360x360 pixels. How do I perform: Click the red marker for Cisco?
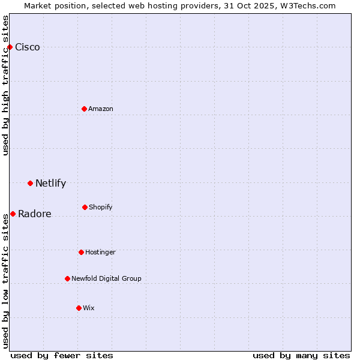(10, 47)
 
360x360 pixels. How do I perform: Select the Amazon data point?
(85, 109)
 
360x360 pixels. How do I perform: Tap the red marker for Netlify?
(30, 183)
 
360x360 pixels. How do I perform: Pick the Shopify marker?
(85, 207)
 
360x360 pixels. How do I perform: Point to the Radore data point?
(13, 214)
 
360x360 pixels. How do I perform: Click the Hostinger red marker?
(81, 252)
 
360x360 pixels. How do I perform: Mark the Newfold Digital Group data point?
(67, 278)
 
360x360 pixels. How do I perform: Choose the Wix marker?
(79, 308)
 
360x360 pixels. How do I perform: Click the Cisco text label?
(28, 47)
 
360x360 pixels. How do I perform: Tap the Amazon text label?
(101, 109)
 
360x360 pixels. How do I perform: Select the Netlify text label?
(50, 184)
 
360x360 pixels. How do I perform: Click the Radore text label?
(35, 214)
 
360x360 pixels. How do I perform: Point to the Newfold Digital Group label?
(106, 278)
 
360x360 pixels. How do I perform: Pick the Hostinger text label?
(100, 252)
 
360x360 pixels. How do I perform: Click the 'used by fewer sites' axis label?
(62, 355)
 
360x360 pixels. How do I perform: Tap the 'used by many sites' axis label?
(301, 355)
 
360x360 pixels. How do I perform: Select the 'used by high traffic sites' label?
(5, 85)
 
